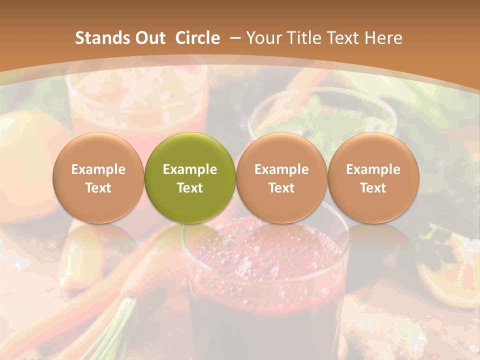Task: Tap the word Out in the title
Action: pos(149,38)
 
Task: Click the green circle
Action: pos(190,177)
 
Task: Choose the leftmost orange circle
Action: pos(98,177)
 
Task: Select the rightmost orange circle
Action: pos(373,177)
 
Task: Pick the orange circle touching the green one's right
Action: pos(281,177)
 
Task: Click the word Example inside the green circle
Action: pos(190,169)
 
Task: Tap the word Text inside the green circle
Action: pos(190,188)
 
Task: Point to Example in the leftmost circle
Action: pos(98,169)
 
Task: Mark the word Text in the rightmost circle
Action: pos(373,188)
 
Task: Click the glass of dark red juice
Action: pos(265,300)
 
